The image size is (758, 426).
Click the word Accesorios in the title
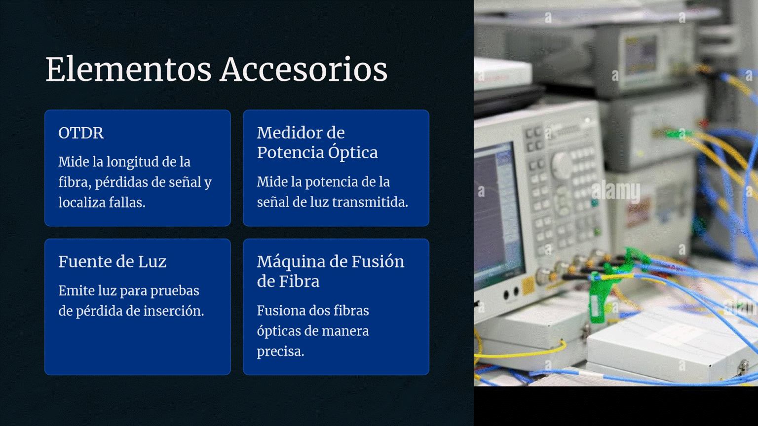[x=303, y=70]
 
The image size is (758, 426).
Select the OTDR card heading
[x=81, y=133]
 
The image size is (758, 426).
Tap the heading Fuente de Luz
[x=113, y=262]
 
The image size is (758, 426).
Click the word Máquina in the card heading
[x=298, y=262]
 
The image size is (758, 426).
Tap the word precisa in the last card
[x=280, y=352]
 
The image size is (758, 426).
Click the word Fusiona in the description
[x=279, y=310]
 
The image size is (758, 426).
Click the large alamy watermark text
[x=616, y=191]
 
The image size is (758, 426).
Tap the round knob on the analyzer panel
[x=562, y=165]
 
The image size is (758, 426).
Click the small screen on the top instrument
[x=640, y=56]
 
